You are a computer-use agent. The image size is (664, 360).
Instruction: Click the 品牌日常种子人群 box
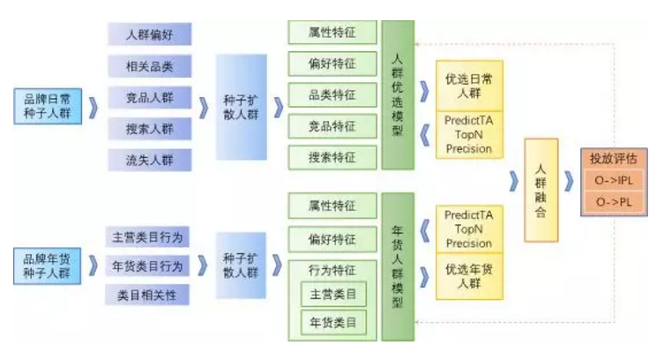click(x=49, y=105)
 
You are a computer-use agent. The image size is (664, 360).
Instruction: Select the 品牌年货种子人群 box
click(x=49, y=266)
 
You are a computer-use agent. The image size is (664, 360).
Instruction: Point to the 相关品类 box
click(x=150, y=66)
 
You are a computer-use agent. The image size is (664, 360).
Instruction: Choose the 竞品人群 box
click(x=150, y=98)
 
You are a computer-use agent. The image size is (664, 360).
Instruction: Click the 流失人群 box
click(x=150, y=160)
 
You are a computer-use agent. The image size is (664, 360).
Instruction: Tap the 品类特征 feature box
click(x=332, y=95)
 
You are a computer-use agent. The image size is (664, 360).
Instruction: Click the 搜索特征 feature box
click(x=332, y=157)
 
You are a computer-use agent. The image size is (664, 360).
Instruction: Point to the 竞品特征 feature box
click(x=332, y=126)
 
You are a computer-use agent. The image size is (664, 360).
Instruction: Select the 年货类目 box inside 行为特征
click(x=332, y=323)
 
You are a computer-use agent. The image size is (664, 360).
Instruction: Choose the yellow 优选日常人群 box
click(x=468, y=86)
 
